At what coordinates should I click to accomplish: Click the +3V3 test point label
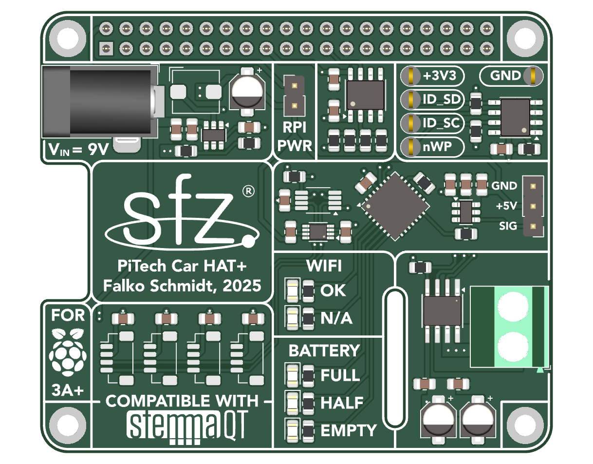(439, 76)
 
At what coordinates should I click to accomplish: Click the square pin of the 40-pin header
(106, 49)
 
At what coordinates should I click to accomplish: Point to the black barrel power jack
(100, 101)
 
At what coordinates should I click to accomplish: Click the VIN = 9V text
(78, 150)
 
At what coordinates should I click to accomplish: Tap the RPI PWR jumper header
(294, 96)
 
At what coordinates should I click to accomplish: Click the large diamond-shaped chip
(395, 207)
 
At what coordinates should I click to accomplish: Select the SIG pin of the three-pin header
(533, 227)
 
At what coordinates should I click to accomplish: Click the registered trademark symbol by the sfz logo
(248, 192)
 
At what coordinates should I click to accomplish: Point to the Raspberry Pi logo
(68, 352)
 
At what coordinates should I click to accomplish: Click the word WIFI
(324, 266)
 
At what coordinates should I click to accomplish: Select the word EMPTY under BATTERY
(349, 431)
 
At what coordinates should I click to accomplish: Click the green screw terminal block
(509, 327)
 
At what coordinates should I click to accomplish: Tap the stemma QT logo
(187, 426)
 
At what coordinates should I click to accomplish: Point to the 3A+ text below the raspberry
(68, 390)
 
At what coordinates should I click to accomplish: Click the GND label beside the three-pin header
(504, 186)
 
